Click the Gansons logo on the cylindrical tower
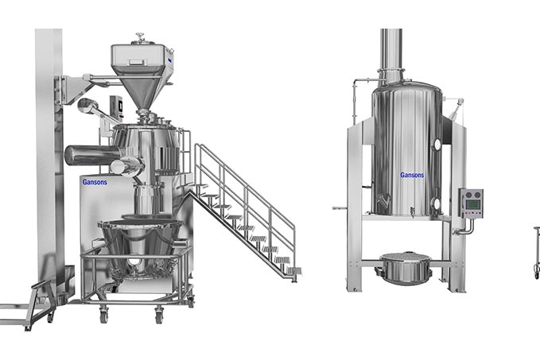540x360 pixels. click(x=412, y=174)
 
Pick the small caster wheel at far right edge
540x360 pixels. click(x=536, y=273)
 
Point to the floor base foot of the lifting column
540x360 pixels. click(x=24, y=306)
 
